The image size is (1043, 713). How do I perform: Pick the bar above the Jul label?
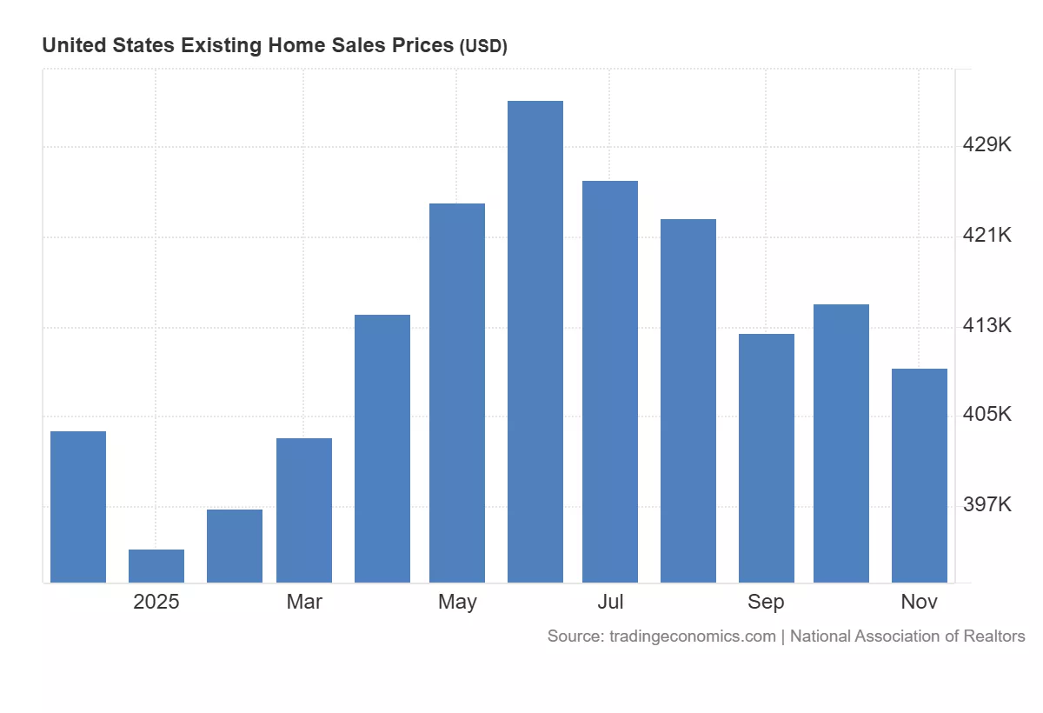click(610, 382)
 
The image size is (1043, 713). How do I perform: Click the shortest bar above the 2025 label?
click(156, 566)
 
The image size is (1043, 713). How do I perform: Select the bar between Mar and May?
click(382, 449)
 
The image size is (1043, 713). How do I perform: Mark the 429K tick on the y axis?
click(987, 145)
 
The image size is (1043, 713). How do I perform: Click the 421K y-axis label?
click(987, 236)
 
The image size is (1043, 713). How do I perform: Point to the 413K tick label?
click(987, 326)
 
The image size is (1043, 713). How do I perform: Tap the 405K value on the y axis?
click(987, 415)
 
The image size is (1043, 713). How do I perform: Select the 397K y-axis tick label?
click(987, 505)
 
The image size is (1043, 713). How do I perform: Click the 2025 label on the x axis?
click(156, 602)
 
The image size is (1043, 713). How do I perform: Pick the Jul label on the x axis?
click(610, 602)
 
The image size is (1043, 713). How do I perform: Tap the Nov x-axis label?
click(920, 602)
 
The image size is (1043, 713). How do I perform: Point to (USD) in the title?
click(482, 47)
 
